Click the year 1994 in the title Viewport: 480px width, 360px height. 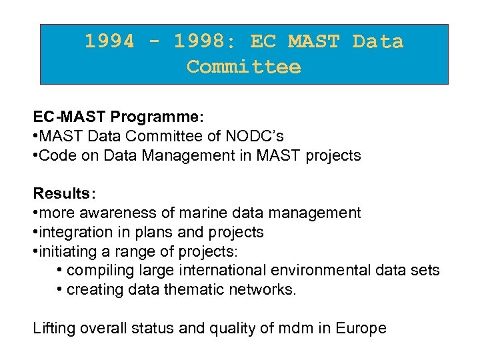[109, 41]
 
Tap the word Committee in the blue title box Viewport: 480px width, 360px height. [244, 67]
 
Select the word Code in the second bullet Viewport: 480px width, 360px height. [55, 155]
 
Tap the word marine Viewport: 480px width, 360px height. [184, 213]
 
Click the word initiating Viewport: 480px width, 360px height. [65, 251]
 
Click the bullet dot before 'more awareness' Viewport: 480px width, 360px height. [36, 213]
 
